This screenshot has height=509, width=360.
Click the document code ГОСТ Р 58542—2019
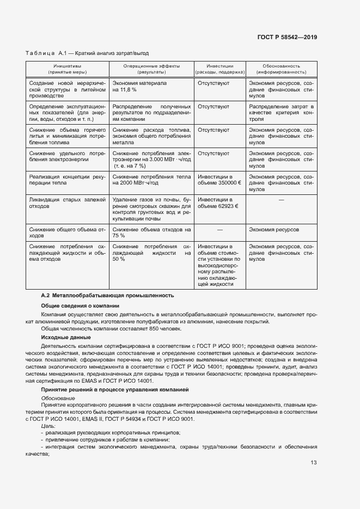287,37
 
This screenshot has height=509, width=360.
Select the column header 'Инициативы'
67,66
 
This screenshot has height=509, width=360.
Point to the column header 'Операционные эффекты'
151,66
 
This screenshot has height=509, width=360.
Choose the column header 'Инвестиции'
219,66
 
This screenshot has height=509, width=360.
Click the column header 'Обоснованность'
281,66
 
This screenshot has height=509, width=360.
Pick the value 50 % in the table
119,260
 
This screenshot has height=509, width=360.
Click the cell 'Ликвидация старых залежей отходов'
67,204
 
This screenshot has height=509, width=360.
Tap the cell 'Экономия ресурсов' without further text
274,230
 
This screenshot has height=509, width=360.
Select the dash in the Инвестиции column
219,230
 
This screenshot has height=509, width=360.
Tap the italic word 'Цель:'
48,426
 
